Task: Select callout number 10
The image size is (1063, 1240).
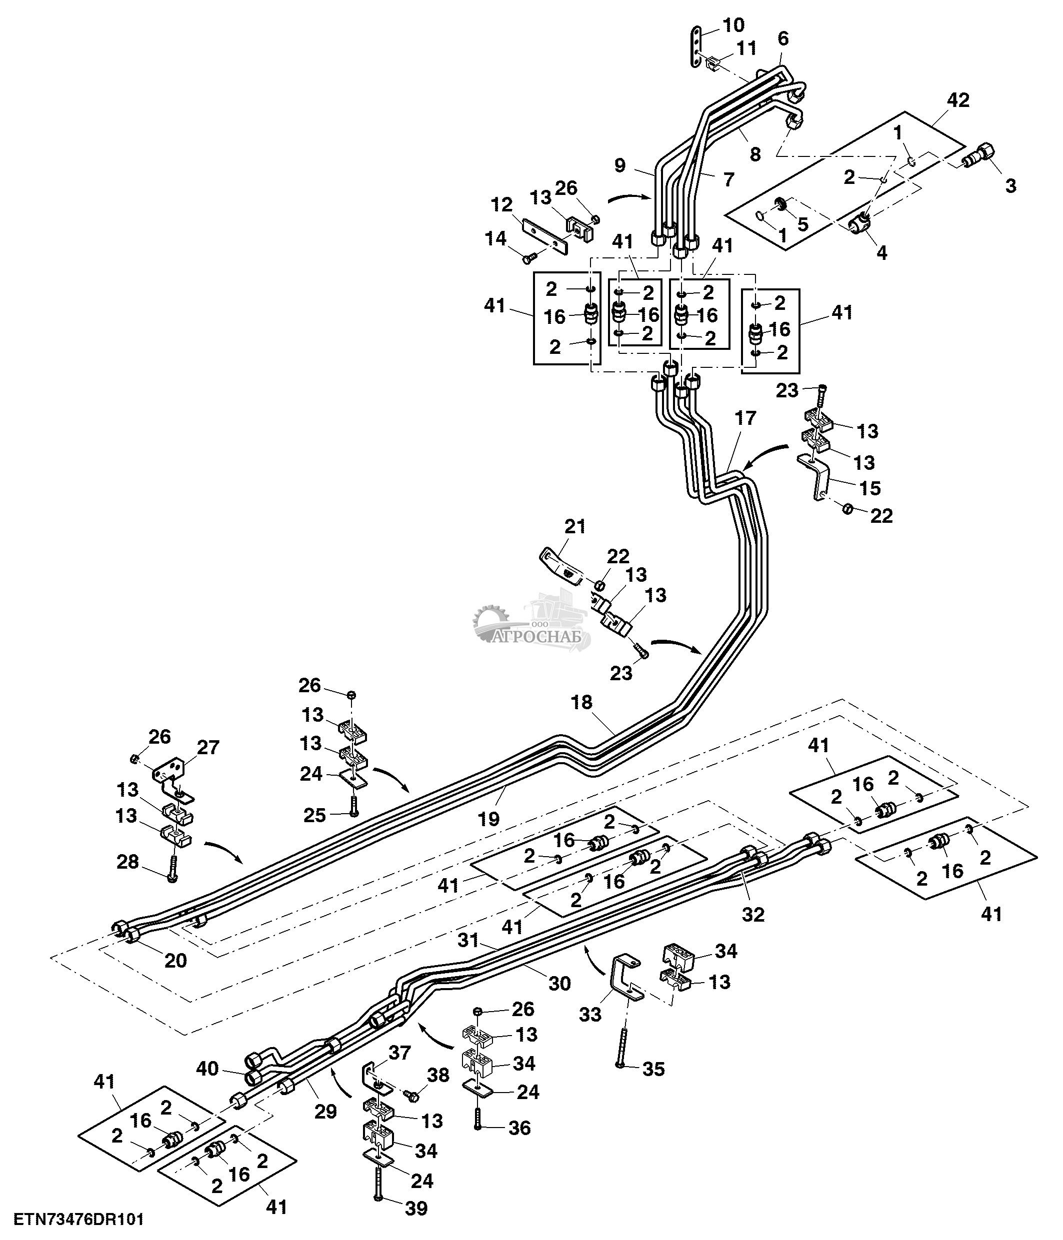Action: point(733,25)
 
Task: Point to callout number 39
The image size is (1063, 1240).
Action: point(416,1209)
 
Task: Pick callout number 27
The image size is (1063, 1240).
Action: point(208,748)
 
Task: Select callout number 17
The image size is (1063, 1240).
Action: point(745,418)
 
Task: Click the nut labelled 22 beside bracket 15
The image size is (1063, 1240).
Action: point(847,509)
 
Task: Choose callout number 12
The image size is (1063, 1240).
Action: point(501,205)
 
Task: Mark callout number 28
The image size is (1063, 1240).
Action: point(127,862)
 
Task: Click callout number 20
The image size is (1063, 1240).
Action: point(175,960)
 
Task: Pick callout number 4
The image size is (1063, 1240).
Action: point(881,252)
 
